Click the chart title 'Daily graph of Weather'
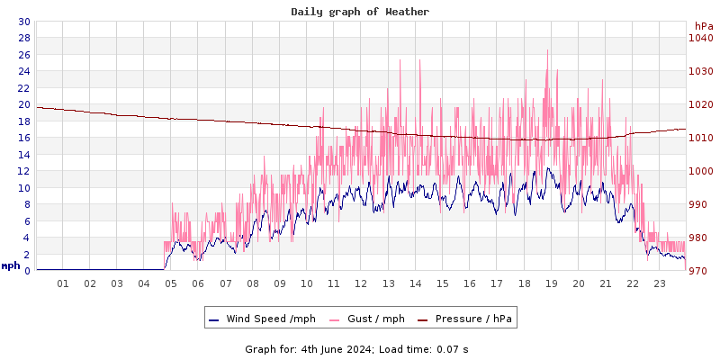[360, 12]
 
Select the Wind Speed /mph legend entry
[262, 319]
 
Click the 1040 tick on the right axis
[700, 38]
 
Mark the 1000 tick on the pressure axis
[700, 171]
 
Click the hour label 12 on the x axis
[361, 283]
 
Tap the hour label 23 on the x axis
[660, 283]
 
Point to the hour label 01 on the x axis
[63, 283]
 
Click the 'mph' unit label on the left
[10, 265]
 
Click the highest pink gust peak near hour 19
[547, 51]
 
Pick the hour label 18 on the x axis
[524, 283]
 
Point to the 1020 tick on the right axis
[700, 104]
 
